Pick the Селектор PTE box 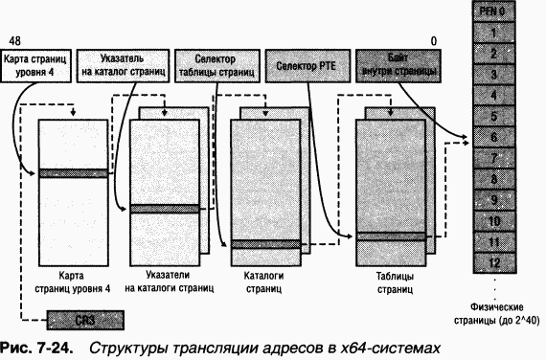[x=307, y=65]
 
